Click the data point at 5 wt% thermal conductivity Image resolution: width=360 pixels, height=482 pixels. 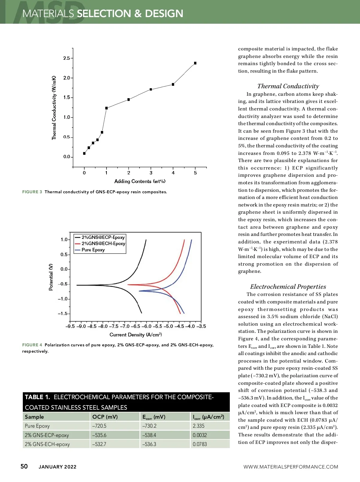[195, 63]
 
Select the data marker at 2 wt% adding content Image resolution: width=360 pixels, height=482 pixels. [129, 99]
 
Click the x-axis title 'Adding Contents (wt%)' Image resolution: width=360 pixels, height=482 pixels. [140, 181]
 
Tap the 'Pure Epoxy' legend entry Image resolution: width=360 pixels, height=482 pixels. [93, 250]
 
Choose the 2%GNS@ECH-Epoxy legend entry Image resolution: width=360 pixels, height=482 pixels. [103, 243]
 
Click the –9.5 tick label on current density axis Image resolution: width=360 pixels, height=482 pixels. [70, 326]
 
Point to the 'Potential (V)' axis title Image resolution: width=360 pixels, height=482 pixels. [51, 277]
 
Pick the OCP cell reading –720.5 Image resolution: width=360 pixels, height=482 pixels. [99, 426]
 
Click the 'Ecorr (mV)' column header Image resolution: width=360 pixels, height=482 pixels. [154, 417]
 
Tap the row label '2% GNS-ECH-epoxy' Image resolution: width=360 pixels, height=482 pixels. [47, 444]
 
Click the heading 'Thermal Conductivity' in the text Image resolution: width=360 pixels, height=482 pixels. [288, 86]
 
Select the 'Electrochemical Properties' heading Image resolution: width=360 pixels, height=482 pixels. [288, 287]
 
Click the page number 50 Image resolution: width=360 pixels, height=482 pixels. [24, 466]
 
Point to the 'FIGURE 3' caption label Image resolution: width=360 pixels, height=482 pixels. [32, 192]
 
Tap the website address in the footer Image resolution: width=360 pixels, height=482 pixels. [291, 467]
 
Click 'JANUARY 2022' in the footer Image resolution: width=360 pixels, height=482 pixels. [58, 467]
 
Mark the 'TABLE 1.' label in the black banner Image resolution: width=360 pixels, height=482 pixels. [37, 397]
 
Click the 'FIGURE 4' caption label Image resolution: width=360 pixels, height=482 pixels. [32, 345]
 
